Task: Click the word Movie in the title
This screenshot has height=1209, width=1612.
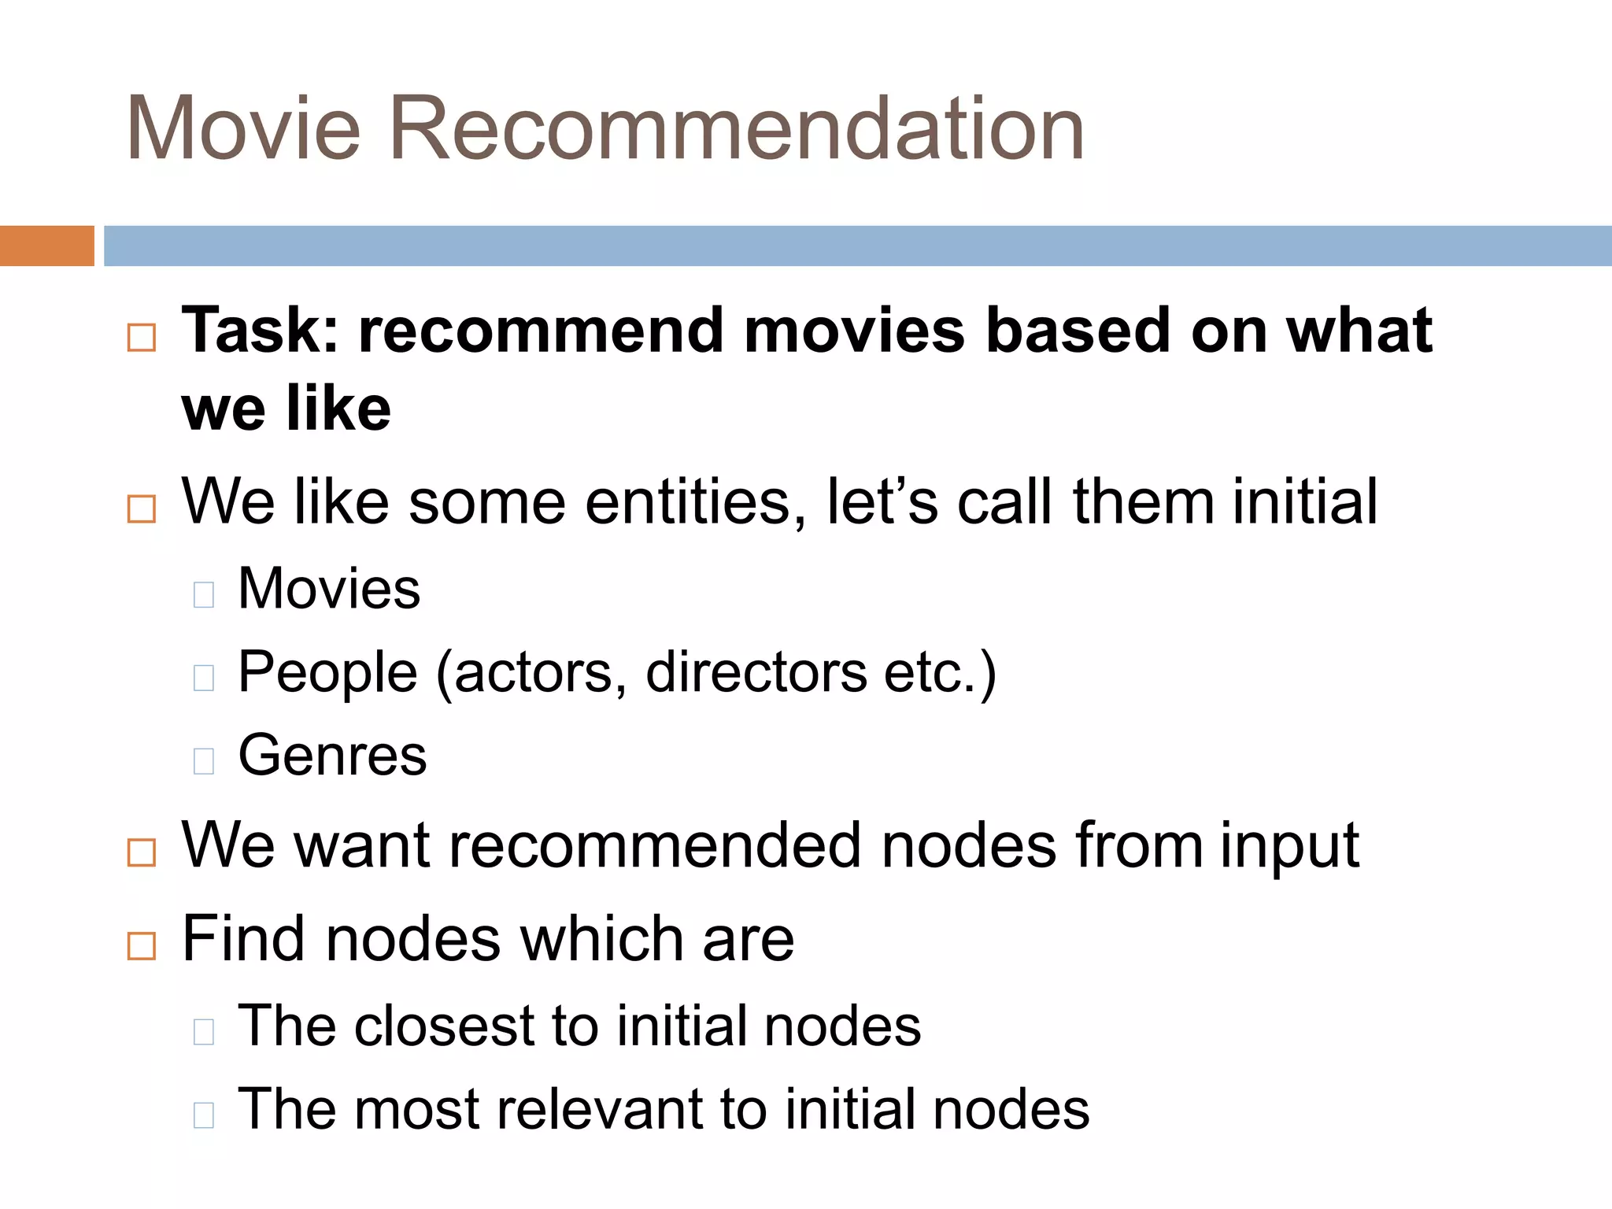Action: click(242, 128)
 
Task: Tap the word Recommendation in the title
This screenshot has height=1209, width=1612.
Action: click(737, 128)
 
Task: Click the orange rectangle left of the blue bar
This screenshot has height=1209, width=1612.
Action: click(46, 246)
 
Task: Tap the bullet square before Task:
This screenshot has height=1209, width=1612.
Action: click(142, 338)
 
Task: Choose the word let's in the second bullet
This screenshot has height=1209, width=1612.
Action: click(882, 501)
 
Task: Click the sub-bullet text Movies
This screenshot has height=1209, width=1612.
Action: click(329, 588)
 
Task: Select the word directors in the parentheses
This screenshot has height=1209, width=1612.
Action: click(756, 672)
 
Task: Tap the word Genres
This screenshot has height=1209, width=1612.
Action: click(332, 755)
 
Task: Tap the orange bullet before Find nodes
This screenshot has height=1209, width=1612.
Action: click(142, 945)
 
